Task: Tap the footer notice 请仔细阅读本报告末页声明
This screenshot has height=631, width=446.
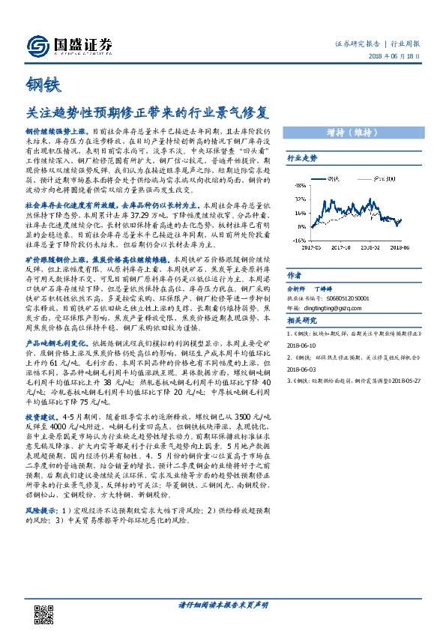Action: (x=223, y=605)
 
